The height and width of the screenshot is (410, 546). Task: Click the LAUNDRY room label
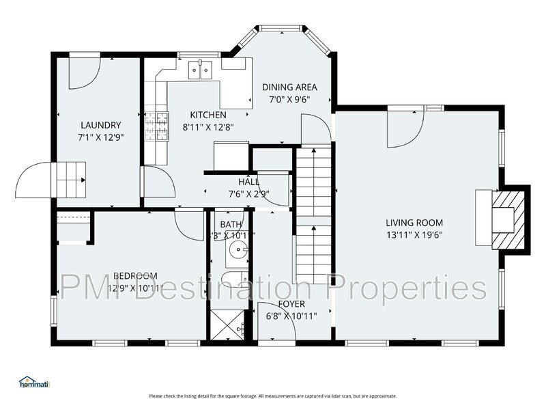pyautogui.click(x=100, y=125)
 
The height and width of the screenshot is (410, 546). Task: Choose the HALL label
pyautogui.click(x=248, y=182)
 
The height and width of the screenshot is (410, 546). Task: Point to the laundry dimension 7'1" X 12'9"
pyautogui.click(x=100, y=137)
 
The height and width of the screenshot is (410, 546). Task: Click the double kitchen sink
pyautogui.click(x=201, y=70)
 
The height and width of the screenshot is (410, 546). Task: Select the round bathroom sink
pyautogui.click(x=238, y=251)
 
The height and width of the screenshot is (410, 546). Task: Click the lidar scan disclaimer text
pyautogui.click(x=273, y=396)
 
